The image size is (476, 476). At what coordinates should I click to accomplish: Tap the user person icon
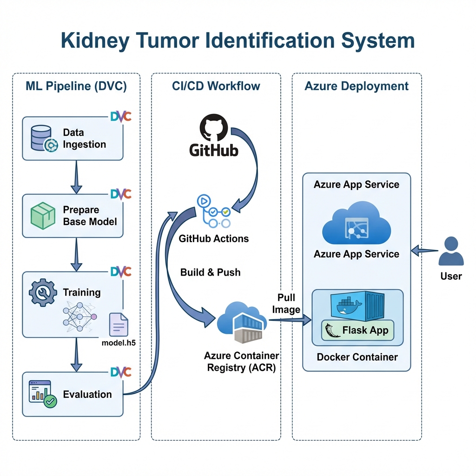click(451, 252)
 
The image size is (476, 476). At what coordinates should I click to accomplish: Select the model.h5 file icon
click(118, 324)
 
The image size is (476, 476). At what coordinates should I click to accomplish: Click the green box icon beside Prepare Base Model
click(43, 217)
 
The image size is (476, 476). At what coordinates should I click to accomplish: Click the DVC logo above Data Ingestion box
click(121, 116)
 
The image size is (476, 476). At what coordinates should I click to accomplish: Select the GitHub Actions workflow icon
click(214, 212)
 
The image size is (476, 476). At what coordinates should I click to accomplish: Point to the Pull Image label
click(286, 303)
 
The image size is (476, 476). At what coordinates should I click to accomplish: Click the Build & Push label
click(211, 272)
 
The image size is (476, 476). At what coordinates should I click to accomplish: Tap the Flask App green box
click(357, 331)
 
